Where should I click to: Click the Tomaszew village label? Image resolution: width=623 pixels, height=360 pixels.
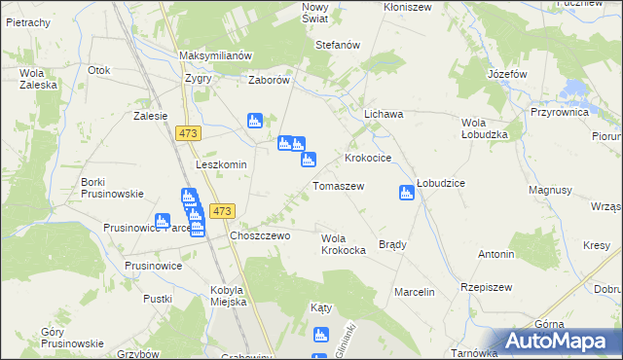click(x=338, y=186)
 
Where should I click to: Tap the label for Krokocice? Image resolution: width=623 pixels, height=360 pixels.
click(x=368, y=157)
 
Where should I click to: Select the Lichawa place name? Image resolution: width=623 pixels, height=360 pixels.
click(x=384, y=114)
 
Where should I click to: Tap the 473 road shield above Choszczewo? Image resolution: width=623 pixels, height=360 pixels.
click(x=223, y=211)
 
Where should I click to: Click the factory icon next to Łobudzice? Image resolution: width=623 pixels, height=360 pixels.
click(x=406, y=193)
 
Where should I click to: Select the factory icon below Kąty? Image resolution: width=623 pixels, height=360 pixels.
click(x=321, y=336)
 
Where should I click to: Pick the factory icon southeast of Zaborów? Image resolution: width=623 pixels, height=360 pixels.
click(x=255, y=122)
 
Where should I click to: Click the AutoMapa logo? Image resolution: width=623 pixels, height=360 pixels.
click(x=560, y=342)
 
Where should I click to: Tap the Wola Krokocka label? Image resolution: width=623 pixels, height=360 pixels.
click(x=343, y=244)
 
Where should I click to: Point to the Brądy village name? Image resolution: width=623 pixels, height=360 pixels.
click(x=392, y=244)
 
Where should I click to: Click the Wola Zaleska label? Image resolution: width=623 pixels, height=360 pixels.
click(x=32, y=79)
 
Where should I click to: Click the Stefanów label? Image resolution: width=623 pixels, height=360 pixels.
click(x=338, y=45)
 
